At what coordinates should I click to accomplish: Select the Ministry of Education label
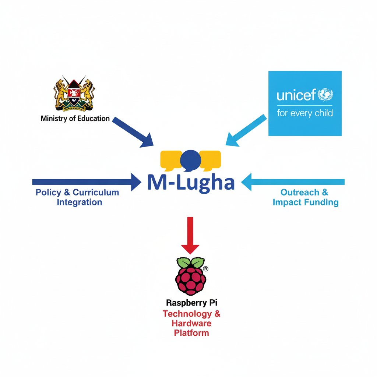[x=75, y=119]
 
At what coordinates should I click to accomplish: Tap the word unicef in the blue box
[x=296, y=95]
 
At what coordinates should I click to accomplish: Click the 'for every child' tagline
[x=304, y=113]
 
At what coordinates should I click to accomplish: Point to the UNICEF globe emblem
[x=325, y=94]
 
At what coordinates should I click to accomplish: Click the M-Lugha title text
[x=190, y=183]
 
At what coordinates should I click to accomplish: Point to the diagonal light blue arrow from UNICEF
[x=246, y=131]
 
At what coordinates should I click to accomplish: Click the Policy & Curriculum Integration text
[x=78, y=197]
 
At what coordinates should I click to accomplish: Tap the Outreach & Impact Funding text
[x=305, y=197]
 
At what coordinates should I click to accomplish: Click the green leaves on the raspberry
[x=190, y=262]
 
